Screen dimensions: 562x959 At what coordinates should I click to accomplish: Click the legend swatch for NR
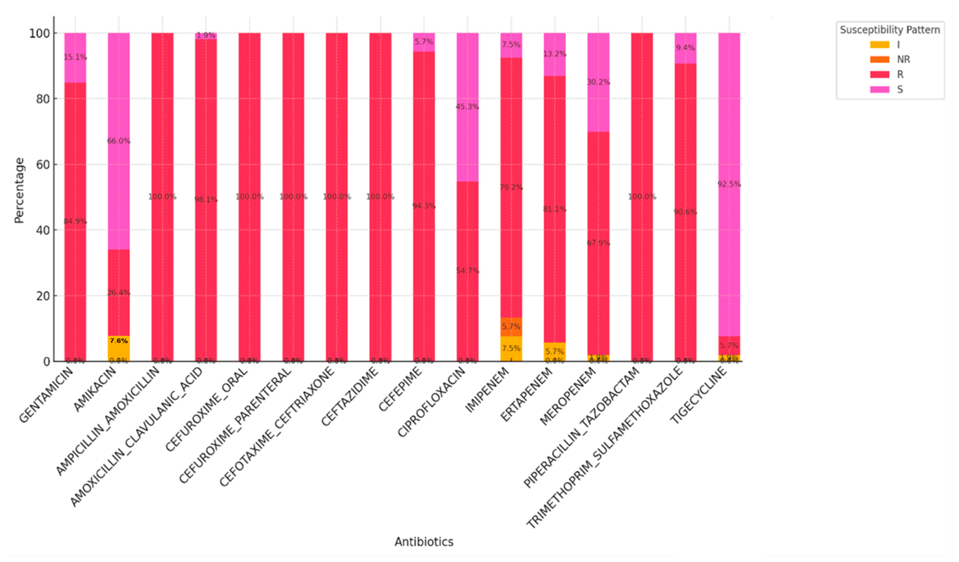click(x=880, y=59)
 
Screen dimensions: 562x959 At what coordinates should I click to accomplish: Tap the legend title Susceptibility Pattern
click(x=889, y=30)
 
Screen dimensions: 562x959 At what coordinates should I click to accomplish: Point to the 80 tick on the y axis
click(x=42, y=99)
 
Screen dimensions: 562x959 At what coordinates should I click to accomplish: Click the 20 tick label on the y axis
click(x=42, y=296)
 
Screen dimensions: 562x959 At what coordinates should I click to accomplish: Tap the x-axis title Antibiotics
click(x=424, y=541)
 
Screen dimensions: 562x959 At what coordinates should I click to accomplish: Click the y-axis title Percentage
click(x=19, y=190)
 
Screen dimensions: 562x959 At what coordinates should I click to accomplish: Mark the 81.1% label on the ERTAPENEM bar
click(x=554, y=209)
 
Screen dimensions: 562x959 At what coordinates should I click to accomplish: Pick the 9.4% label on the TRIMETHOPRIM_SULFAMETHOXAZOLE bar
click(x=685, y=47)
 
